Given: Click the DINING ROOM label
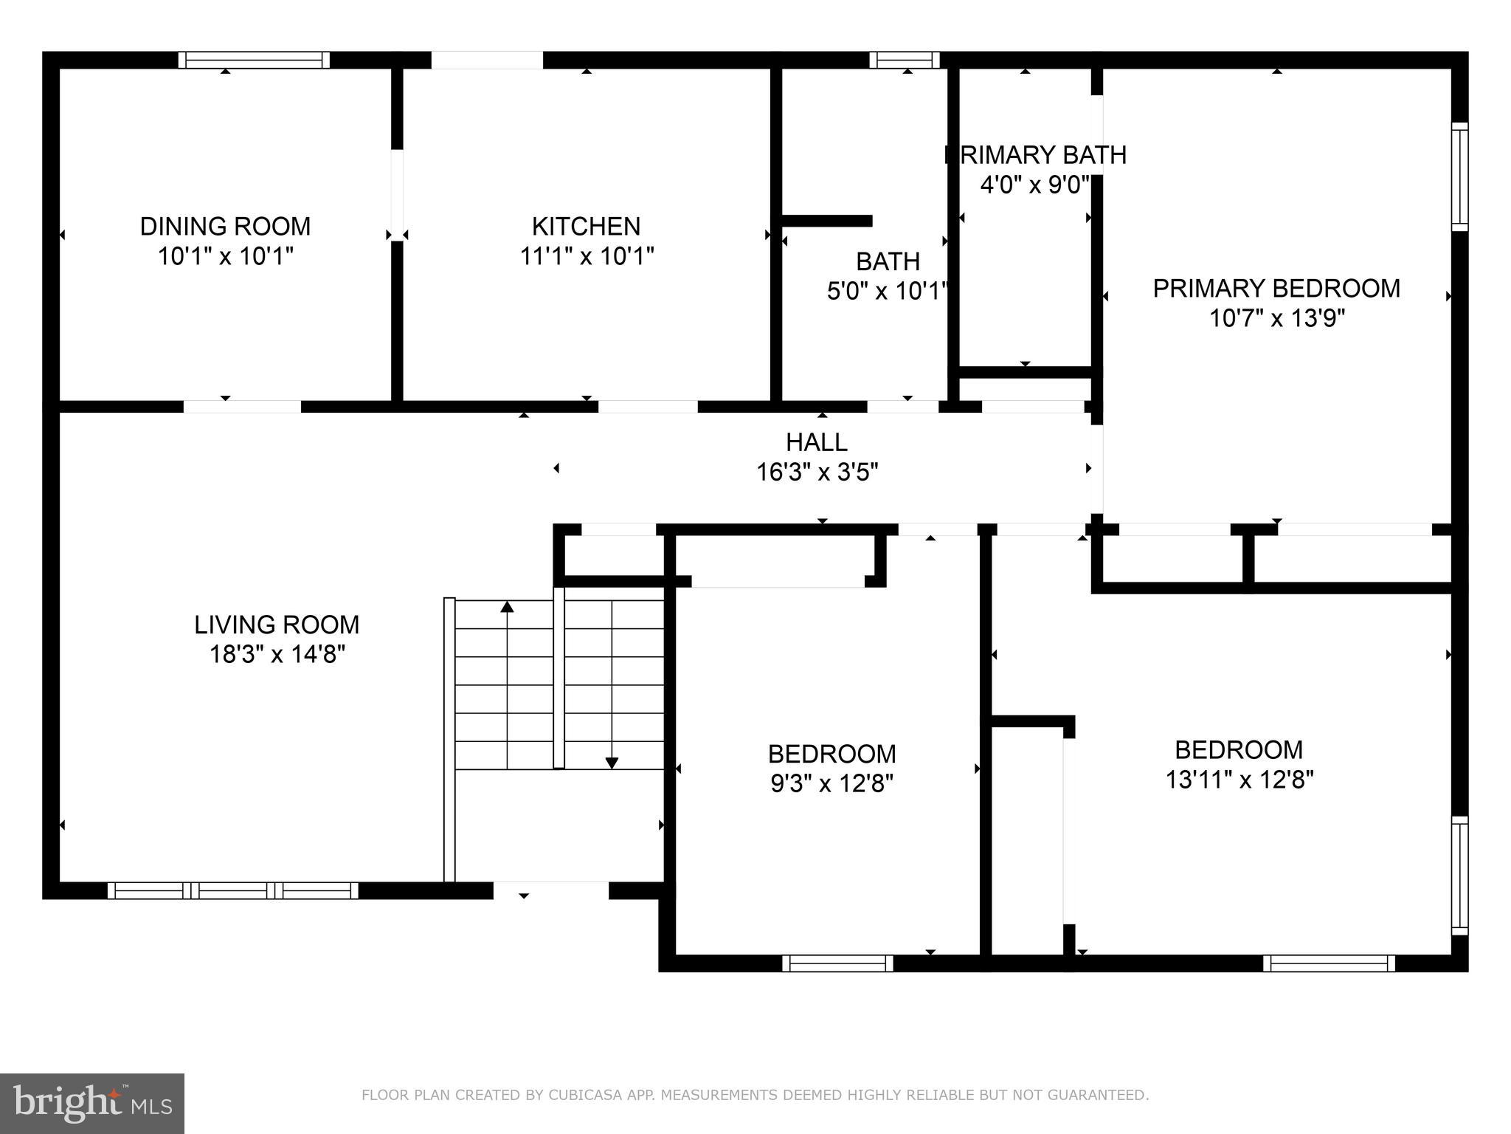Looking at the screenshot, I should pyautogui.click(x=225, y=226).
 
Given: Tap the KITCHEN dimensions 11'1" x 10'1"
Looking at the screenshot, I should pyautogui.click(x=587, y=256).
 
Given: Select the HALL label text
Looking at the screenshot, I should pyautogui.click(x=816, y=441).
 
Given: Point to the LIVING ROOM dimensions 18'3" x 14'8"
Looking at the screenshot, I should pyautogui.click(x=277, y=654).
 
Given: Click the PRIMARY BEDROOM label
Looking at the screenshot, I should pyautogui.click(x=1276, y=288).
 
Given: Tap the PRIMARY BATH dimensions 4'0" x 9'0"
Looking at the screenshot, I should pyautogui.click(x=1034, y=185).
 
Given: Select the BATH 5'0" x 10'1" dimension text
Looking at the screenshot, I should pyautogui.click(x=886, y=292).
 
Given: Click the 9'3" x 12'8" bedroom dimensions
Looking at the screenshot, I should pyautogui.click(x=831, y=783).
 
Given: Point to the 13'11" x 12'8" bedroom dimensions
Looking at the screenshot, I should pyautogui.click(x=1239, y=780).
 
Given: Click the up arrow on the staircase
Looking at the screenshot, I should pyautogui.click(x=507, y=608).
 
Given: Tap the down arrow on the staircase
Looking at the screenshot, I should pyautogui.click(x=612, y=763).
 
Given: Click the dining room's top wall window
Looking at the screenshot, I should pyautogui.click(x=254, y=60).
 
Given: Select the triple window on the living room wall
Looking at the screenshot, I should pyautogui.click(x=233, y=890).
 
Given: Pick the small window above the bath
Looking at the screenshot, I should pyautogui.click(x=905, y=60).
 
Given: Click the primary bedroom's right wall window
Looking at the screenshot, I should pyautogui.click(x=1459, y=177).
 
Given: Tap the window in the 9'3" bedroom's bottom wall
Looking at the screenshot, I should pyautogui.click(x=837, y=963).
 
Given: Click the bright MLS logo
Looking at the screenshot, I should pyautogui.click(x=91, y=1103).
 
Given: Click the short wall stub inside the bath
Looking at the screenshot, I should pyautogui.click(x=826, y=221).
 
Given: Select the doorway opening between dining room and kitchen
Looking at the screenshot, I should pyautogui.click(x=397, y=195).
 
